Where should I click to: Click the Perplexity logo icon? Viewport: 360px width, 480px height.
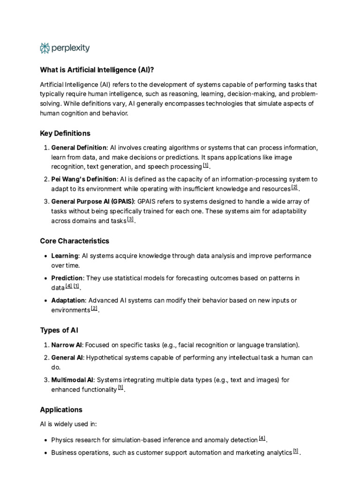[x=45, y=48]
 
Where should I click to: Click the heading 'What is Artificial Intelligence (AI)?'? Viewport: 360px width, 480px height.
[x=97, y=70]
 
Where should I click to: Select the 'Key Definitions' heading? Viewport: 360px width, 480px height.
[x=65, y=133]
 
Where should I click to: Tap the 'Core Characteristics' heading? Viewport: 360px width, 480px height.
[x=75, y=241]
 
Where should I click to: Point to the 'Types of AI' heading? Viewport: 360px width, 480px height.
[x=59, y=330]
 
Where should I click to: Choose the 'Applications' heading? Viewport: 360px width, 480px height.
[x=61, y=410]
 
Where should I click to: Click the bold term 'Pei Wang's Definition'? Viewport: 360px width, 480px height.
[x=83, y=179]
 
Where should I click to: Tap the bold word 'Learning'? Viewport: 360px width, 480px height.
[x=65, y=256]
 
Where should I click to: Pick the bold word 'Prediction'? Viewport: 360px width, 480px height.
[x=67, y=278]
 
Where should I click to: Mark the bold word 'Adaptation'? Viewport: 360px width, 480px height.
[x=68, y=300]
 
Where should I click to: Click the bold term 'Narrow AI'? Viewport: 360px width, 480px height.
[x=66, y=345]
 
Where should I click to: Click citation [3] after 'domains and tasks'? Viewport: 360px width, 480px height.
[x=130, y=219]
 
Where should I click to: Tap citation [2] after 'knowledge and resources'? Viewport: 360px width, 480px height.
[x=294, y=187]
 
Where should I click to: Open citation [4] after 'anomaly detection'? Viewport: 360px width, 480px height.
[x=262, y=439]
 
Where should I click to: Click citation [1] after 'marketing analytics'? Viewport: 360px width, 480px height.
[x=296, y=451]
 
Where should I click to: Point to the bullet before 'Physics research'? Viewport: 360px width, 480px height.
[x=45, y=440]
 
